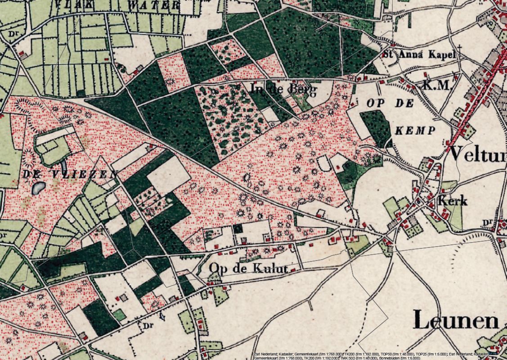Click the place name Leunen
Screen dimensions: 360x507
coord(455,319)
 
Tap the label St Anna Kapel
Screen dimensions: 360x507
coord(419,54)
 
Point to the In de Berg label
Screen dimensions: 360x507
coord(283,90)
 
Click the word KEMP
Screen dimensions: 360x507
coord(416,131)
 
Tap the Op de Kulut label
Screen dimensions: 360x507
coord(248,269)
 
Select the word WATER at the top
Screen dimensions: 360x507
coord(153,5)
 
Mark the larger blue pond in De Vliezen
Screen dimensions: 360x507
coord(38,187)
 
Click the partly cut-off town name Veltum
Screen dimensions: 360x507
coord(478,153)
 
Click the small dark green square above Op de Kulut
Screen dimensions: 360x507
coord(238,228)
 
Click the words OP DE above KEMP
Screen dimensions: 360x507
coord(390,103)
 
